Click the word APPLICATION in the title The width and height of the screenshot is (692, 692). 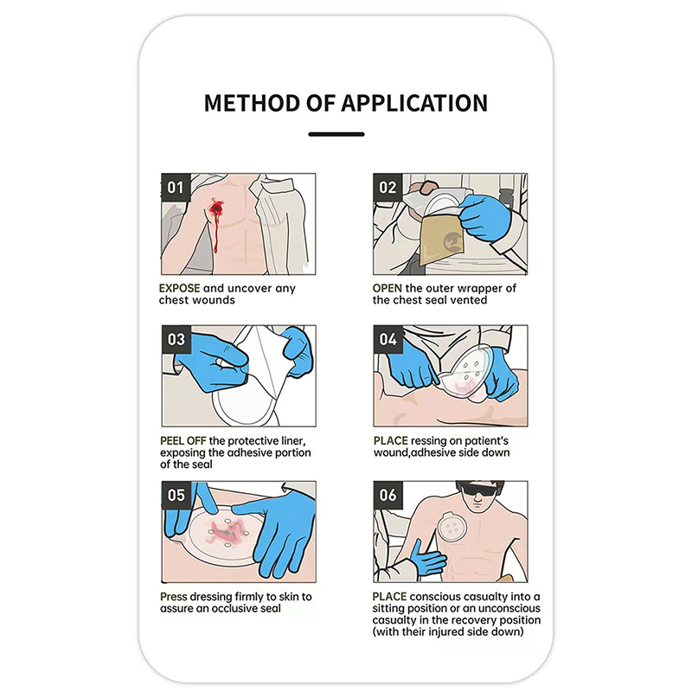pos(414,103)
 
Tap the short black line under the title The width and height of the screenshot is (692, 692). pos(336,134)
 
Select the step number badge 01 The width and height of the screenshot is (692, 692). pos(176,188)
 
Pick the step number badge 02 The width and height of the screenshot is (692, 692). pos(388,188)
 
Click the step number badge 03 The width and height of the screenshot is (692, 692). pos(176,339)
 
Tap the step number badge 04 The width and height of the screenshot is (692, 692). pos(388,339)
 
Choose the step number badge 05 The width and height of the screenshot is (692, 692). pos(176,495)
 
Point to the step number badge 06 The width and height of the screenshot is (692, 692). pos(388,495)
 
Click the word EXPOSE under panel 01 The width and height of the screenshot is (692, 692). pos(180,288)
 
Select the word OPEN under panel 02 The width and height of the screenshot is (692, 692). pos(387,288)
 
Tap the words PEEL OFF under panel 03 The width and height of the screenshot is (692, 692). pos(183,441)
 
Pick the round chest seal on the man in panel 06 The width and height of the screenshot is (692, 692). pos(452,528)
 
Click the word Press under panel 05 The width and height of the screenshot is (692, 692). pos(174,597)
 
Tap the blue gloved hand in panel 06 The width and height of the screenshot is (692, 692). pos(426,557)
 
